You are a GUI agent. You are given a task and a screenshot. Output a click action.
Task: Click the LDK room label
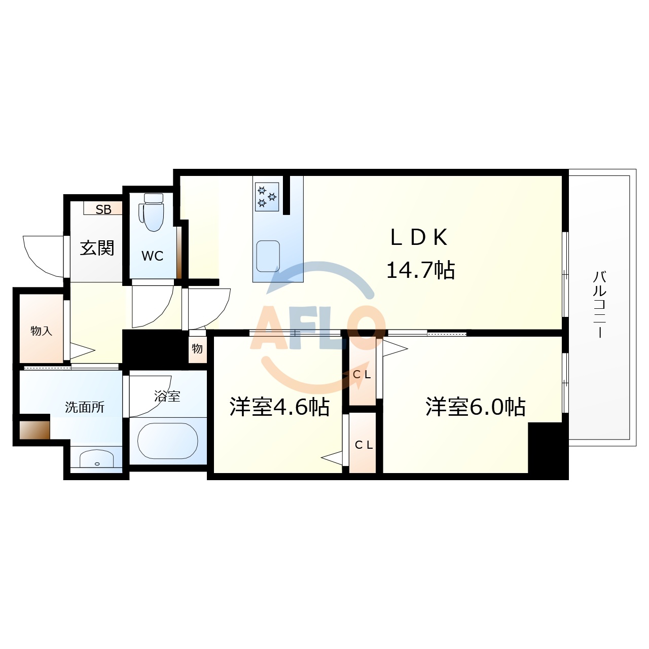click(x=419, y=237)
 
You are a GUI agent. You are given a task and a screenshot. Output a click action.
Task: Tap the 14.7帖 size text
click(x=420, y=270)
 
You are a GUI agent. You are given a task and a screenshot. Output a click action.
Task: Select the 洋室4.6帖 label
click(x=279, y=407)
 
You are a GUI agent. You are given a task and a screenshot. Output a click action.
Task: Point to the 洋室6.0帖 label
click(x=475, y=407)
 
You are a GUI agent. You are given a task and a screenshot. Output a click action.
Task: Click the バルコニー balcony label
click(x=600, y=304)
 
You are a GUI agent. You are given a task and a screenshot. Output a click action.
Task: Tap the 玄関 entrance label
click(x=97, y=248)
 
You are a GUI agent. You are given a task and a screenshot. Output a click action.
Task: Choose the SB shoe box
click(x=103, y=209)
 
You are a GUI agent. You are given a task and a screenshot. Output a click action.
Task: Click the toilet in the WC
click(x=153, y=213)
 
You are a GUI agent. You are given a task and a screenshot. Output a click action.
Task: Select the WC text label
click(x=153, y=256)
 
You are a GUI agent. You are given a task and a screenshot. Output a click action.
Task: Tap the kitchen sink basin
click(x=268, y=256)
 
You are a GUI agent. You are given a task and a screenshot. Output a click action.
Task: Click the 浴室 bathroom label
click(x=167, y=396)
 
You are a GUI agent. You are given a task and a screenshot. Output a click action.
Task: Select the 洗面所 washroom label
click(x=85, y=407)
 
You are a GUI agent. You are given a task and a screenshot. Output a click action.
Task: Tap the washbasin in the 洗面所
click(x=96, y=459)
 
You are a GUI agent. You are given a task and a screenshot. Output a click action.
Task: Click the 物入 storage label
click(x=41, y=331)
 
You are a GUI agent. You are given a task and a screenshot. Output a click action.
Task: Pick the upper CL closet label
click(x=363, y=375)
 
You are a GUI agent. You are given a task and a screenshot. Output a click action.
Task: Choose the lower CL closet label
click(x=364, y=445)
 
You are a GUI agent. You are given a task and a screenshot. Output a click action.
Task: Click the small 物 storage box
click(x=197, y=348)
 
